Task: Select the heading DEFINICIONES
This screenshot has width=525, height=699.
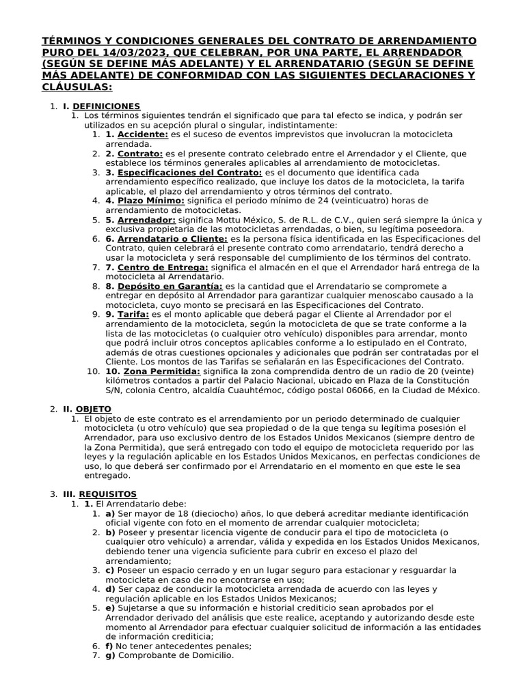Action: [x=106, y=106]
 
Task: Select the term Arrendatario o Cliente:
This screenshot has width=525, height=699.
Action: [x=172, y=239]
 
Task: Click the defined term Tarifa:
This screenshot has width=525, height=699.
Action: [x=133, y=314]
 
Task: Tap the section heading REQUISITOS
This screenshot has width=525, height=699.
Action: [x=108, y=494]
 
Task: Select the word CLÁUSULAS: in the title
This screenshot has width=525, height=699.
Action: [x=77, y=88]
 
